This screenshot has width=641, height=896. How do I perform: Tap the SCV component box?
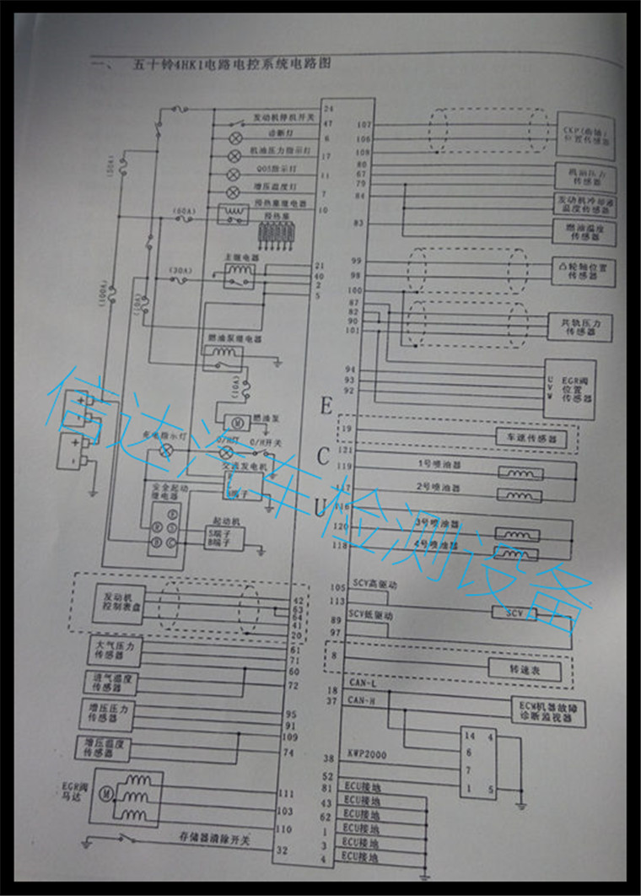pyautogui.click(x=513, y=612)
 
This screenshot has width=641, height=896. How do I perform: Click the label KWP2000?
pyautogui.click(x=365, y=756)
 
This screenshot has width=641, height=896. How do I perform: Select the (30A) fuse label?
pyautogui.click(x=180, y=271)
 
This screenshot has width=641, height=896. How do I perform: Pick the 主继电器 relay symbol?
pyautogui.click(x=238, y=271)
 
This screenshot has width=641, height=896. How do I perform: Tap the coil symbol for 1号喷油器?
pyautogui.click(x=514, y=473)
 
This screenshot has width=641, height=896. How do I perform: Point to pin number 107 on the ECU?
pyautogui.click(x=364, y=125)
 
